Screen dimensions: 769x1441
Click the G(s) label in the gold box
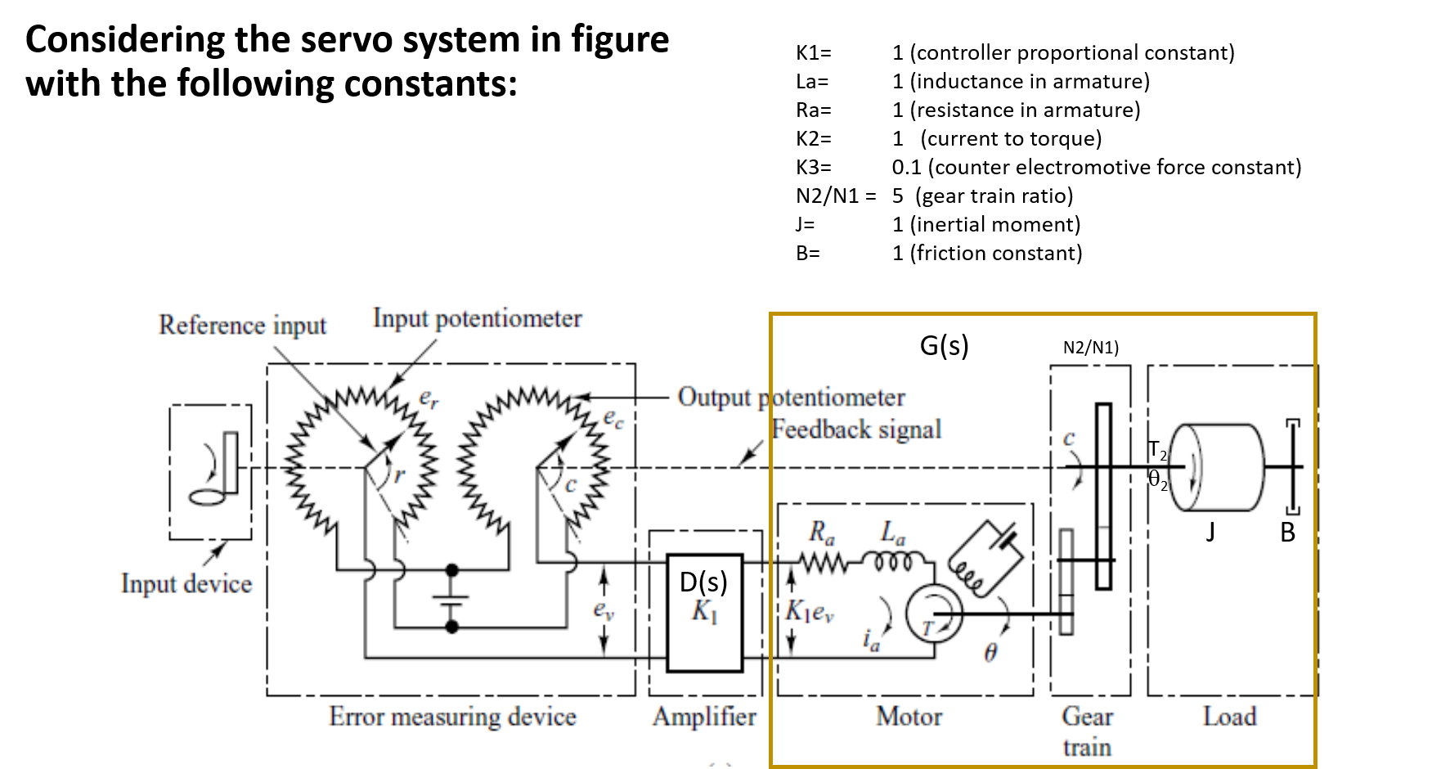(x=944, y=345)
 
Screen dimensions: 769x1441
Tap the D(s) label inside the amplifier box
(x=703, y=582)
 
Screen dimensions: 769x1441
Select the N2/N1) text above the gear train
(x=1090, y=348)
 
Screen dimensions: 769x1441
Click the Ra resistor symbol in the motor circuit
(x=822, y=563)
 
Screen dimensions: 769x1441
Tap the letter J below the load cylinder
(x=1210, y=533)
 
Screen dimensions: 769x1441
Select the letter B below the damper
(x=1287, y=533)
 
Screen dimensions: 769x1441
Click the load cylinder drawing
(x=1219, y=467)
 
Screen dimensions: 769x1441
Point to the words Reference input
(x=242, y=325)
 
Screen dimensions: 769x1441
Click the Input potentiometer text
(x=478, y=318)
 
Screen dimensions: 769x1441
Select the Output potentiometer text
(x=791, y=397)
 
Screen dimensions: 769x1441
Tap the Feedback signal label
(x=856, y=429)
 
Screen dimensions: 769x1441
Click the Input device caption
(x=186, y=583)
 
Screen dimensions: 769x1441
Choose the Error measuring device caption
(x=452, y=717)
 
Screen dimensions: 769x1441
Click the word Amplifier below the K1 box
(x=704, y=717)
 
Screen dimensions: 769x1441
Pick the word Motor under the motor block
(x=909, y=717)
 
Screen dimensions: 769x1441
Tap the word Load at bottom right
(x=1229, y=717)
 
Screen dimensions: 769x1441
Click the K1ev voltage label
(x=810, y=611)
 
